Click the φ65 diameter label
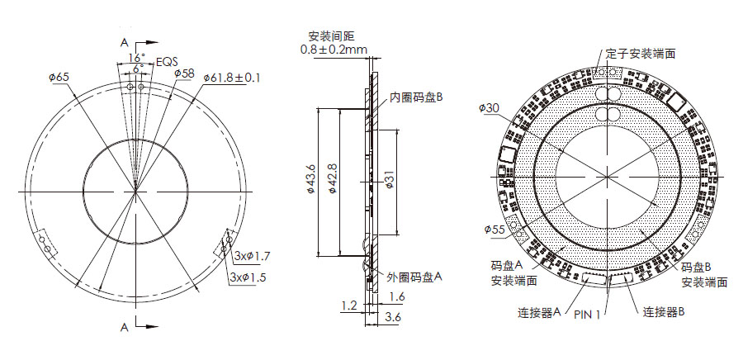pyautogui.click(x=59, y=77)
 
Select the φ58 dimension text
pyautogui.click(x=184, y=73)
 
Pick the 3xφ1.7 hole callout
pyautogui.click(x=251, y=256)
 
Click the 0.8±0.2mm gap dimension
pyautogui.click(x=334, y=50)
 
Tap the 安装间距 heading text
pyautogui.click(x=330, y=37)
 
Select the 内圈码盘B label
pyautogui.click(x=416, y=97)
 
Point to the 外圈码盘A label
pyautogui.click(x=415, y=277)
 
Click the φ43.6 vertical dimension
pyautogui.click(x=310, y=179)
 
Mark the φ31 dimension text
pyautogui.click(x=389, y=179)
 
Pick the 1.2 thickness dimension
pyautogui.click(x=350, y=306)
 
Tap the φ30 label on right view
pyautogui.click(x=490, y=108)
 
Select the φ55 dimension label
pyautogui.click(x=495, y=230)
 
